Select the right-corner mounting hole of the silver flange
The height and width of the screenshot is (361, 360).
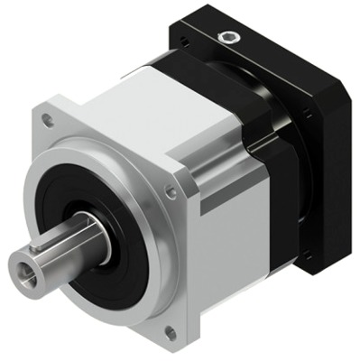[171, 191]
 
